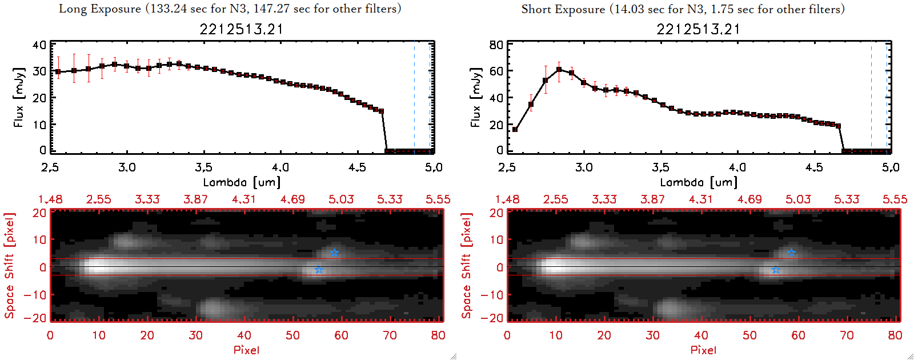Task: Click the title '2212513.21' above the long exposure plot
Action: tap(241, 29)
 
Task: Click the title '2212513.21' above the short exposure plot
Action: tap(698, 29)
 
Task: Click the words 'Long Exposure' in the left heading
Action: tap(100, 9)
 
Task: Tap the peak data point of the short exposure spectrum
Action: tap(559, 70)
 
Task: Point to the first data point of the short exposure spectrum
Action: tap(515, 130)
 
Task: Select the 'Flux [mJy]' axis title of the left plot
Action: tap(19, 98)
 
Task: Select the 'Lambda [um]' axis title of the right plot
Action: tap(698, 182)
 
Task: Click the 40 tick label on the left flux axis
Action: tap(39, 45)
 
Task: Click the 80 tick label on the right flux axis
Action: tap(496, 45)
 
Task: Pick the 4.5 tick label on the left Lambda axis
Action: tap(357, 167)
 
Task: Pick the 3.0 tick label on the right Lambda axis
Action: tap(583, 167)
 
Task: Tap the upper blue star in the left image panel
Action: tap(334, 253)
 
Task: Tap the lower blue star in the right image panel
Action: tap(776, 270)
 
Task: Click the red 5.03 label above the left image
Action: tap(341, 199)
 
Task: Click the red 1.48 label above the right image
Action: tap(507, 199)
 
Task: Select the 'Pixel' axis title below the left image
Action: tap(246, 350)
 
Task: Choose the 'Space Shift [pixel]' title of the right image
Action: tap(467, 266)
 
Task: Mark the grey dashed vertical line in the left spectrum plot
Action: tap(414, 97)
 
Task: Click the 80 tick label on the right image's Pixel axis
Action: tap(895, 335)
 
